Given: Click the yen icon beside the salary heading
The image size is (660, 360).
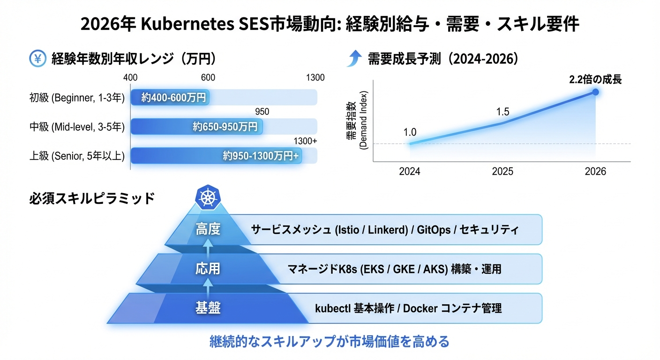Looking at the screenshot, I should pyautogui.click(x=37, y=59).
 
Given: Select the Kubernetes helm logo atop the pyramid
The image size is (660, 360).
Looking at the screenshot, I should pyautogui.click(x=207, y=197).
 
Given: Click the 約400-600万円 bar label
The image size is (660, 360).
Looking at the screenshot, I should pyautogui.click(x=174, y=97).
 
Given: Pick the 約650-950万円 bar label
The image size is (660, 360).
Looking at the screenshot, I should pyautogui.click(x=225, y=127).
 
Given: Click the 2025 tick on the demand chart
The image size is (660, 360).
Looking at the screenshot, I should pyautogui.click(x=502, y=172).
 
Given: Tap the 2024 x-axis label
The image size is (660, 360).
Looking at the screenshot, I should pyautogui.click(x=409, y=172).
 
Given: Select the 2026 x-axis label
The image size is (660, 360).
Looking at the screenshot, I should pyautogui.click(x=595, y=172).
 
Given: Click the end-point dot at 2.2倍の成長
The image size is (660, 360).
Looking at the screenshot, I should pyautogui.click(x=595, y=92).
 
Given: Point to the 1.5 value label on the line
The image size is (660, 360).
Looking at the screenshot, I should pyautogui.click(x=502, y=112).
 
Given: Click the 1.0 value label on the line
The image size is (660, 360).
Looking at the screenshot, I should pyautogui.click(x=410, y=132).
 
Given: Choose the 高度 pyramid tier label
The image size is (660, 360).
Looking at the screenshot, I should pyautogui.click(x=208, y=230).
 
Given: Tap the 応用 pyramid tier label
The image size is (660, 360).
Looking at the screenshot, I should pyautogui.click(x=208, y=269).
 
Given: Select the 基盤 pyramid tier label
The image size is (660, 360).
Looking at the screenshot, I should pyautogui.click(x=208, y=308).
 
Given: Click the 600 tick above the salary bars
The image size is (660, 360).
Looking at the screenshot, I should pyautogui.click(x=208, y=78).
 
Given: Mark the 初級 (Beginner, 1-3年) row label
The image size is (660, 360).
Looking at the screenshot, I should pyautogui.click(x=76, y=98).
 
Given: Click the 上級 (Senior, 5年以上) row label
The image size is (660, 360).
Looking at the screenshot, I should pyautogui.click(x=76, y=156).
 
